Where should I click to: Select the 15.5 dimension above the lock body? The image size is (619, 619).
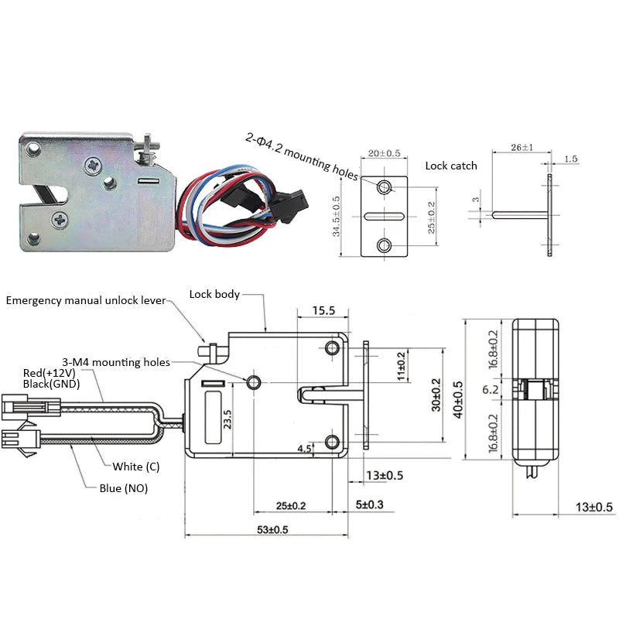point(323,310)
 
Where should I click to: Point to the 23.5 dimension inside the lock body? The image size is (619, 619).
point(227,419)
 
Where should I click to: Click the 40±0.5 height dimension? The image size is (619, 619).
point(458,398)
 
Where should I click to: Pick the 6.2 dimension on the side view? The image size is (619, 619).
point(491,390)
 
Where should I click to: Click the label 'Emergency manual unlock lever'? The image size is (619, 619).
point(86,299)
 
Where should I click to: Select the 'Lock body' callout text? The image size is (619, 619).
point(214,294)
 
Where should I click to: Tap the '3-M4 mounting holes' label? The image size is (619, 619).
point(116,361)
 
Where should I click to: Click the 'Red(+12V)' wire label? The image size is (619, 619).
point(48,373)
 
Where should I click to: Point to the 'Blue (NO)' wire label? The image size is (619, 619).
point(123,488)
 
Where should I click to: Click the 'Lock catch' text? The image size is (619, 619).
point(451,166)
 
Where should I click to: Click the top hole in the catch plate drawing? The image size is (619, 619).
point(385,187)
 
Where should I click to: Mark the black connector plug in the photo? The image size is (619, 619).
point(287,205)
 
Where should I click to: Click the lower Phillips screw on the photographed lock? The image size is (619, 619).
point(61,220)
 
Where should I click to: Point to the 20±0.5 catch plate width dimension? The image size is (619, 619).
point(384,153)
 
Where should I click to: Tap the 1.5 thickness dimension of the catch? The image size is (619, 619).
point(570,159)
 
